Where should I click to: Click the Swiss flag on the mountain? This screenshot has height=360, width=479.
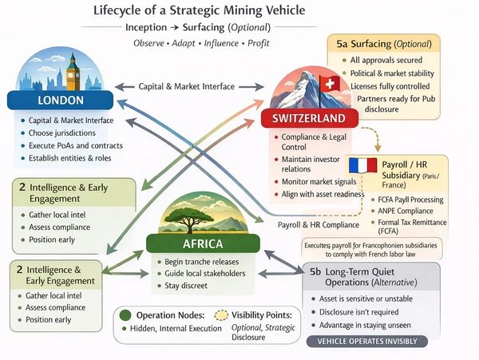[x=328, y=83]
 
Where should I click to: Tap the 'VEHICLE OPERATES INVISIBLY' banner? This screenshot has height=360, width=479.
[x=371, y=341]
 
